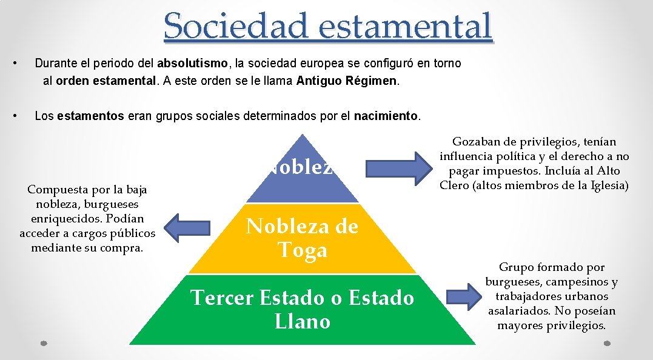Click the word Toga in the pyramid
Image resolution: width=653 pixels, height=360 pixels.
pos(302,250)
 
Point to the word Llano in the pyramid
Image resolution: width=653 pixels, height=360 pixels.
pos(302,321)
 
